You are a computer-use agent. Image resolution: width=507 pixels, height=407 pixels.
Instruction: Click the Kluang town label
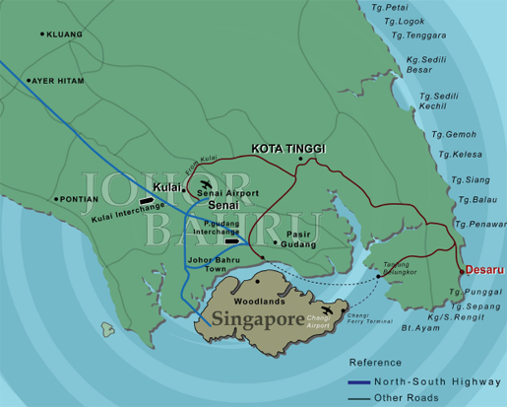[x=66, y=34]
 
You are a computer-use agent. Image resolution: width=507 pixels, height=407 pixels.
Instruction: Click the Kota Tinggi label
[x=287, y=149]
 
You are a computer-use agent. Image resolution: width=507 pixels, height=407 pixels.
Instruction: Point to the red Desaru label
[x=483, y=269]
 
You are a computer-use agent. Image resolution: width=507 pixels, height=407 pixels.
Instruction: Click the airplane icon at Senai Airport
[x=206, y=183]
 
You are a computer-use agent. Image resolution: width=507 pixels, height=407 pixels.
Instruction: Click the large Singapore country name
[x=255, y=321]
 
